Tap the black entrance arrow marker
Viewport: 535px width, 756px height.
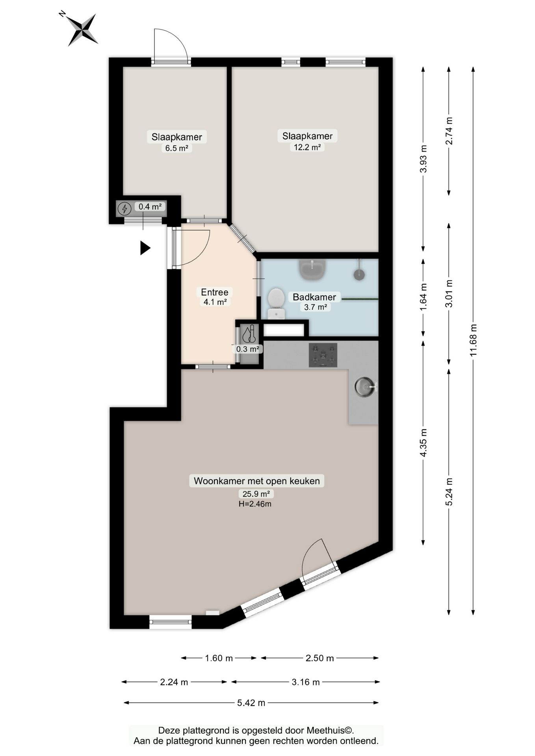(145, 248)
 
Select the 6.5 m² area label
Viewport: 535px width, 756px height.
(176, 148)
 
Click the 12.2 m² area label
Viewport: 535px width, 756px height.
(307, 147)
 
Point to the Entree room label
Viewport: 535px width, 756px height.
(215, 292)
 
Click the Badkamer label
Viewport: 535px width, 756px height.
(314, 297)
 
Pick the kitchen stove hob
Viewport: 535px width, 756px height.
(323, 355)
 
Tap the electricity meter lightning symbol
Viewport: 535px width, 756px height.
(125, 208)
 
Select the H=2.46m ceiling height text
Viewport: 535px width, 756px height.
(255, 504)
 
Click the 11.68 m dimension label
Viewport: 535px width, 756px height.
(473, 340)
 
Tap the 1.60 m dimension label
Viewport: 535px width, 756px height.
(219, 658)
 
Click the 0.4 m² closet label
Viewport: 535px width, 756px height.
(150, 206)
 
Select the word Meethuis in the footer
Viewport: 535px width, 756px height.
(325, 730)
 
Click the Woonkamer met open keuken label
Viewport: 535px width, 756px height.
(257, 481)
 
